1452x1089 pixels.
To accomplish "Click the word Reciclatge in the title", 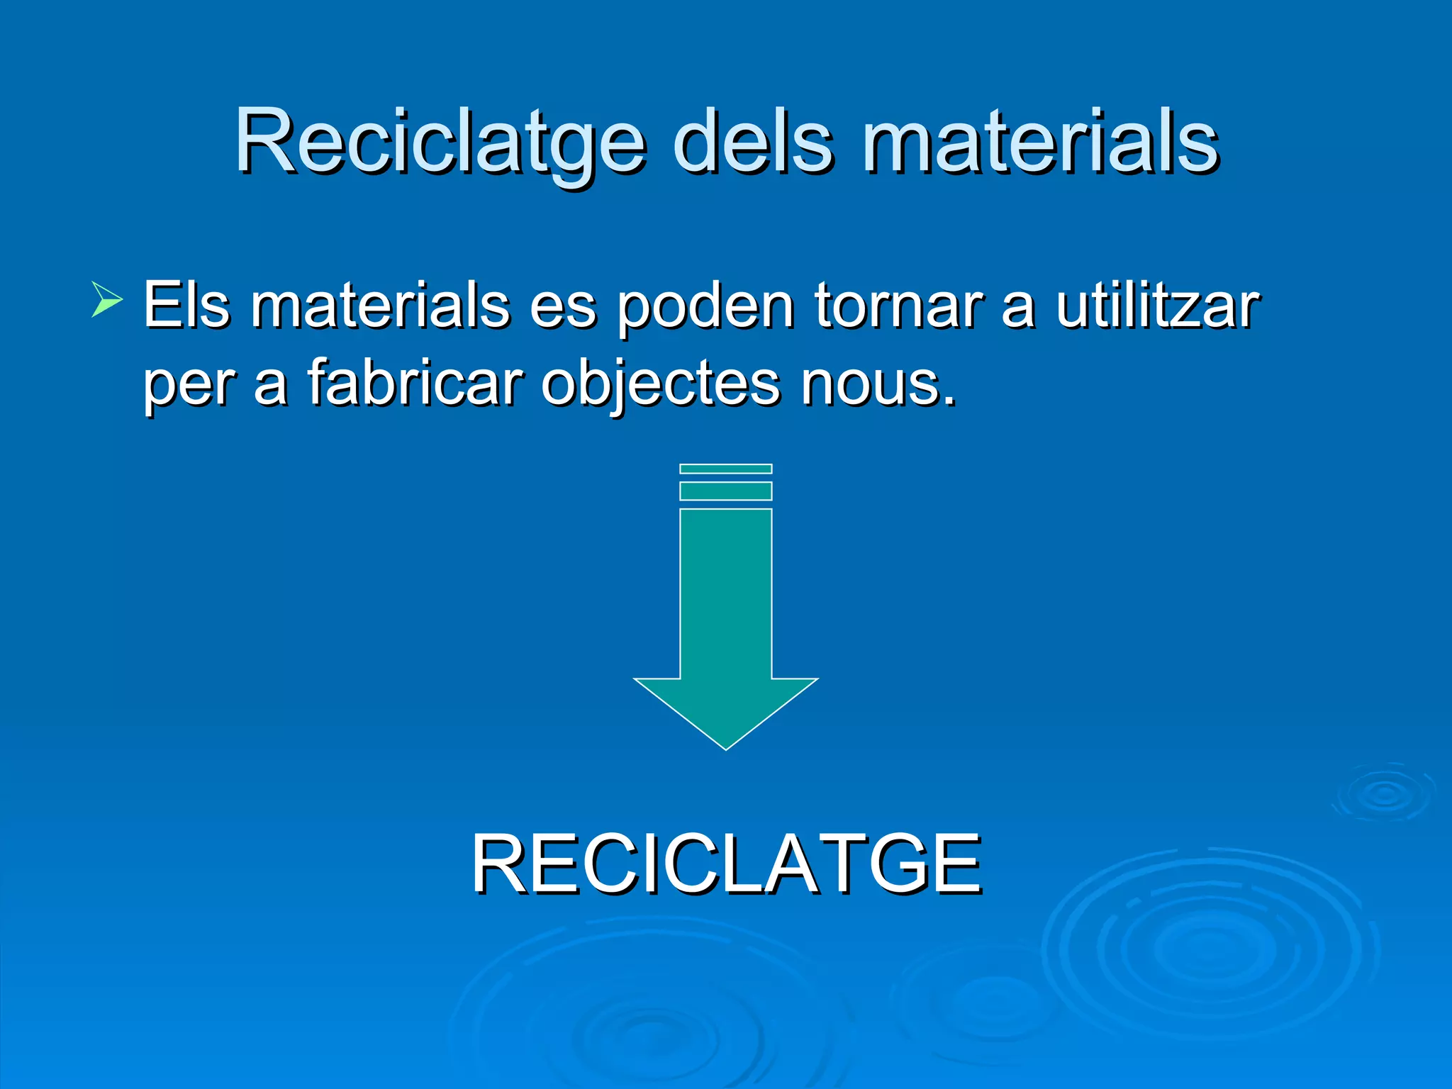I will (x=440, y=142).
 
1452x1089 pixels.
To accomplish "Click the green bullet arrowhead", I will (x=106, y=298).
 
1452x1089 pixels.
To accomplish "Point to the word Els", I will (x=186, y=306).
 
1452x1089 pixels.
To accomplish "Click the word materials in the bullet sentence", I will (x=379, y=306).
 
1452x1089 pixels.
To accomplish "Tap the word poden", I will (x=705, y=307).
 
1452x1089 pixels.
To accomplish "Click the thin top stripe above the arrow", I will (x=725, y=469).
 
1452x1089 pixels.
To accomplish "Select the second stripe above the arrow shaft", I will (x=725, y=491).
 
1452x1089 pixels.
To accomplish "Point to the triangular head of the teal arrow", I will (x=725, y=709).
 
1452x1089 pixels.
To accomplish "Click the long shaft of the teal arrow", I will (x=725, y=592).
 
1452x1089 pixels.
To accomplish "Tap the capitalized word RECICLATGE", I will (x=726, y=864).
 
